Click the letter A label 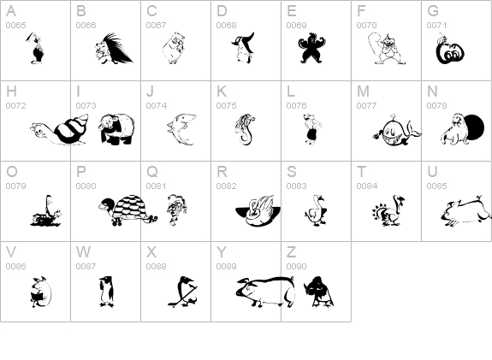pyautogui.click(x=10, y=11)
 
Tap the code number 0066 pyautogui.click(x=86, y=25)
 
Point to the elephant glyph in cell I pyautogui.click(x=116, y=129)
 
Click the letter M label pyautogui.click(x=363, y=91)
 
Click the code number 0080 pyautogui.click(x=86, y=186)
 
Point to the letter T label pyautogui.click(x=361, y=172)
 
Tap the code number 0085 pyautogui.click(x=436, y=186)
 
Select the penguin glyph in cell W pyautogui.click(x=106, y=292)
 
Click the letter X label pyautogui.click(x=151, y=252)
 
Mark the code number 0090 pyautogui.click(x=296, y=266)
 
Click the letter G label pyautogui.click(x=433, y=11)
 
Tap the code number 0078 pyautogui.click(x=436, y=105)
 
